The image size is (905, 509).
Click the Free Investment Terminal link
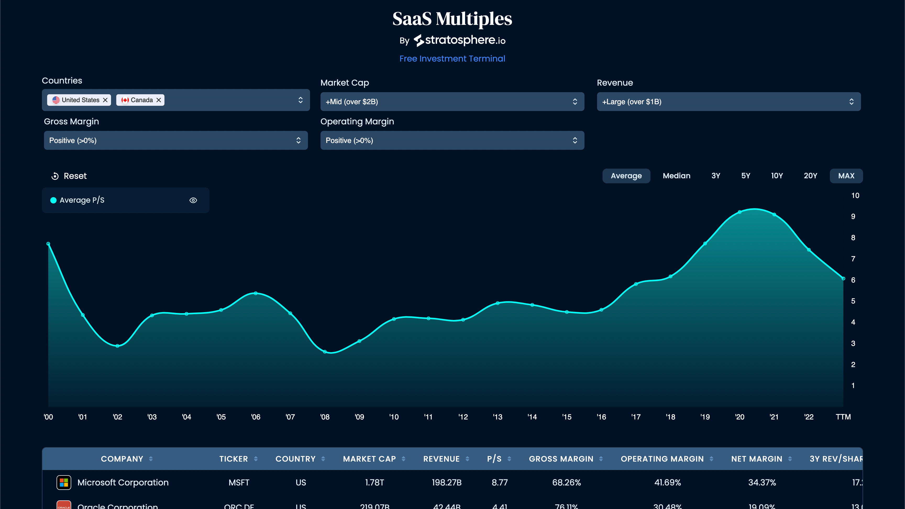point(452,59)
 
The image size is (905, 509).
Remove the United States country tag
point(105,100)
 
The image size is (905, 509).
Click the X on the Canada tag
point(158,100)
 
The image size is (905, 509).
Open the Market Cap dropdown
point(452,102)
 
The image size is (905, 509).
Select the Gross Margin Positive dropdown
point(176,141)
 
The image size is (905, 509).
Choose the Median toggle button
point(676,176)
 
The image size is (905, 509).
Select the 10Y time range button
point(777,176)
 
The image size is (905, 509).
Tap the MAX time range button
point(846,176)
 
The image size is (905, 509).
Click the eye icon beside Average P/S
point(193,200)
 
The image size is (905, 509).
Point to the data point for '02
point(117,346)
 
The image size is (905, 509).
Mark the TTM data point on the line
point(843,278)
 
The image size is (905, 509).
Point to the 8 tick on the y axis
point(853,238)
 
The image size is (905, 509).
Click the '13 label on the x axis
point(498,417)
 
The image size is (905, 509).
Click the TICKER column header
point(234,459)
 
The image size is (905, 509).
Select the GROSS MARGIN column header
point(561,459)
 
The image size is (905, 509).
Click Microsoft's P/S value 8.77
point(500,483)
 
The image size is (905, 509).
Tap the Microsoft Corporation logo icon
point(64,482)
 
